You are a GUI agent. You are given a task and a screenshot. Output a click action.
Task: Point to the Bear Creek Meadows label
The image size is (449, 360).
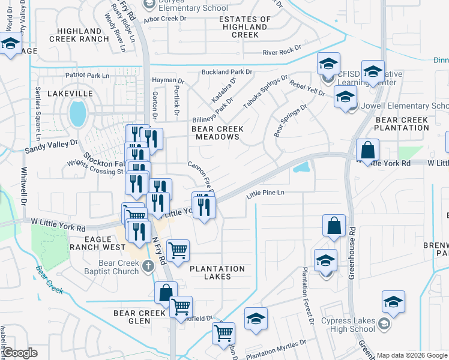(215, 133)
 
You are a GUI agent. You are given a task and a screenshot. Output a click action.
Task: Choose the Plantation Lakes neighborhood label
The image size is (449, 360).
(217, 272)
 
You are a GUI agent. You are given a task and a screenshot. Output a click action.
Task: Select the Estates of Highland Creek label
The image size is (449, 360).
(244, 27)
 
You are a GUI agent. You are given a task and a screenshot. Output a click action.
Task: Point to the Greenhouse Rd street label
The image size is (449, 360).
(352, 252)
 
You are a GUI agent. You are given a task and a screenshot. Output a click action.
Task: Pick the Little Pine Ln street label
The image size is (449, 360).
(265, 193)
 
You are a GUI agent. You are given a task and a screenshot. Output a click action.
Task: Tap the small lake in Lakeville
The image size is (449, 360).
(77, 113)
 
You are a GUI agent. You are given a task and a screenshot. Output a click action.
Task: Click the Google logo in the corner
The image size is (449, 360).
(20, 353)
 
